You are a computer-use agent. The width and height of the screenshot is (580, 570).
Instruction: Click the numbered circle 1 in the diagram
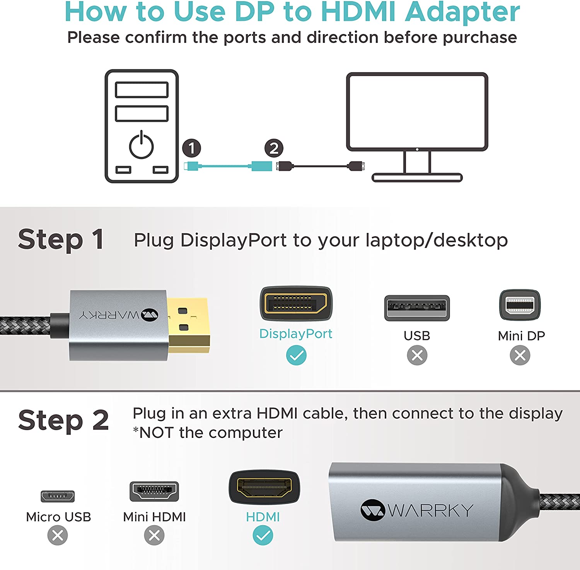point(191,148)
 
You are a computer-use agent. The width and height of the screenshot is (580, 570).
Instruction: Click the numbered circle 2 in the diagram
point(274,148)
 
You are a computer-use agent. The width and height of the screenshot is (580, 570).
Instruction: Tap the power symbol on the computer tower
point(142,145)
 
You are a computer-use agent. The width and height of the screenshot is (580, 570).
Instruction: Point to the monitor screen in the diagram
point(417,112)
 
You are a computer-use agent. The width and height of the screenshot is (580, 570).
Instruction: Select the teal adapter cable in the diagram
point(228,166)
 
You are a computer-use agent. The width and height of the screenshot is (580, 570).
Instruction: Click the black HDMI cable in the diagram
point(321,166)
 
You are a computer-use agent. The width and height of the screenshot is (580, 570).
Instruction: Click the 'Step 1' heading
point(61,239)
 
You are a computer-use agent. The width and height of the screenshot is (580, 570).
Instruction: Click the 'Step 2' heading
point(63,420)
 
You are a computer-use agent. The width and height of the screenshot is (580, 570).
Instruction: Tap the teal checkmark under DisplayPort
point(296,355)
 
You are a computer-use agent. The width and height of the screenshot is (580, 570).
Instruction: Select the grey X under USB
point(417,355)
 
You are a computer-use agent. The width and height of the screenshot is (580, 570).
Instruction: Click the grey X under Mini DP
point(520,355)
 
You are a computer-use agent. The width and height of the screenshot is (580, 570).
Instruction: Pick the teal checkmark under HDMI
point(263,535)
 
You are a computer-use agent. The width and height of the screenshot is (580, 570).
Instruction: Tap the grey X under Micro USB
point(58,535)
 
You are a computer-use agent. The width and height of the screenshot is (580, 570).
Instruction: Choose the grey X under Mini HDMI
point(154,535)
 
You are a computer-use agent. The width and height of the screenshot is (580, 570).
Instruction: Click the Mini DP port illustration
point(520,305)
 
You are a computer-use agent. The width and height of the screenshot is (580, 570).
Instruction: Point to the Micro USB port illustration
point(58,496)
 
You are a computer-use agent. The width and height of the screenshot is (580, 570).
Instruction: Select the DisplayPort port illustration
point(296,303)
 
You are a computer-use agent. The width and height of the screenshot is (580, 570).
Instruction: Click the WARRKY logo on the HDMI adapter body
point(417,510)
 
